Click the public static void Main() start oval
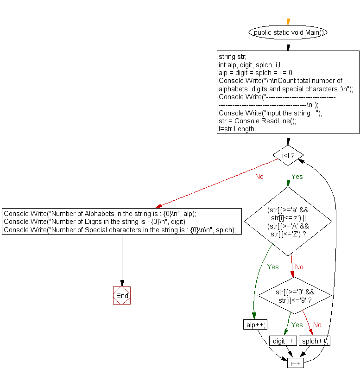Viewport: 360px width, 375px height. pos(288,32)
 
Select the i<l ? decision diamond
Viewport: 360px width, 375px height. pos(288,155)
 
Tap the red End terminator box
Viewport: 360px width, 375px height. pos(122,295)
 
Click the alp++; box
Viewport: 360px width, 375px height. pos(255,324)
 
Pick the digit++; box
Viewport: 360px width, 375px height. pos(283,341)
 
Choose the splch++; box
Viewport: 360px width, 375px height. pos(315,341)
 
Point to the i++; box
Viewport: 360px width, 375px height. pos(296,363)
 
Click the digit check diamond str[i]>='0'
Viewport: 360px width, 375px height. pos(295,296)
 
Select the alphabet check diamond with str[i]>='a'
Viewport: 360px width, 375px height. pos(288,222)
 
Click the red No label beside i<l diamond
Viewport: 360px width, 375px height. pos(259,177)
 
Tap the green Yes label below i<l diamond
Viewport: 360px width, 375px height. pos(297,177)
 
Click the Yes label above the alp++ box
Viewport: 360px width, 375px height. pos(273,267)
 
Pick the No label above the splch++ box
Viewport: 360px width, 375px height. pos(317,325)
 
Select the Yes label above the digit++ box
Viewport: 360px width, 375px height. pos(297,325)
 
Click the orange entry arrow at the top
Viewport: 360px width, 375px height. pos(288,19)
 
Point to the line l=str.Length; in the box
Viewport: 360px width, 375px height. pos(237,129)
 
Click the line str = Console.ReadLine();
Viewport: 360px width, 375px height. pos(258,121)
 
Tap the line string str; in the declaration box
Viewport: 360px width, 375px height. pos(232,57)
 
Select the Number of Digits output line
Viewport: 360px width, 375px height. pos(95,222)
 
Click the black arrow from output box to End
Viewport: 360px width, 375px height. pos(122,261)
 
